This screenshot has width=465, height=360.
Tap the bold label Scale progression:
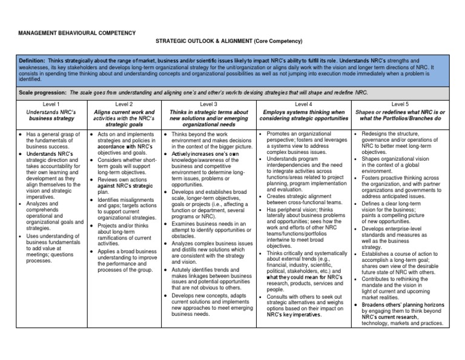pyautogui.click(x=43, y=93)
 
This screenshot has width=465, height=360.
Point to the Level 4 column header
pyautogui.click(x=303, y=104)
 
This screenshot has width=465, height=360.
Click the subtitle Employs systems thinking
pyautogui.click(x=303, y=116)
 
